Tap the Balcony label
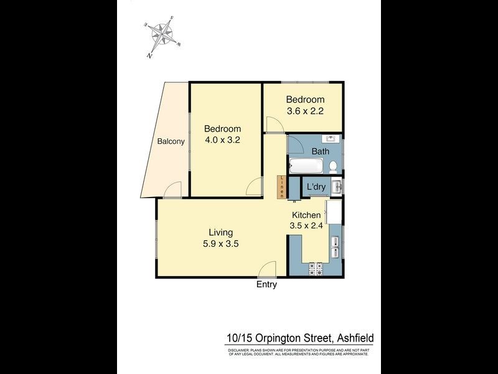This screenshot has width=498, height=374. click(171, 141)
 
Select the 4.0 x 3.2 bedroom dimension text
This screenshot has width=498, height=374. click(223, 140)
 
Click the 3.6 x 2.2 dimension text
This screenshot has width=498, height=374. click(305, 111)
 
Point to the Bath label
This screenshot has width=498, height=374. click(321, 151)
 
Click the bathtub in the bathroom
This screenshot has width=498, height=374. click(306, 166)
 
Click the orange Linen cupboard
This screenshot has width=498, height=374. click(282, 187)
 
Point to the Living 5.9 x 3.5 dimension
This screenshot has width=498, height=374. click(221, 244)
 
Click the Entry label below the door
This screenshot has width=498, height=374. click(266, 284)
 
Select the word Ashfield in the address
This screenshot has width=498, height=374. click(354, 338)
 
